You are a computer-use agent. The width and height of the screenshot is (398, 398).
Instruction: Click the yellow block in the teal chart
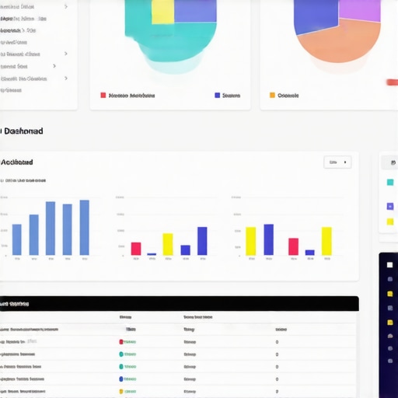click(162, 12)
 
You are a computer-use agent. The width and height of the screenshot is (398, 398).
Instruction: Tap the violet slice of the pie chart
click(359, 10)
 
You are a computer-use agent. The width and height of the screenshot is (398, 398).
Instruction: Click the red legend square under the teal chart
click(103, 95)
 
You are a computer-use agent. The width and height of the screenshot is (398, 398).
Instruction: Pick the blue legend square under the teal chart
click(217, 95)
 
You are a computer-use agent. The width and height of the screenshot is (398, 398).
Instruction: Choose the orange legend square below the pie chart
click(272, 95)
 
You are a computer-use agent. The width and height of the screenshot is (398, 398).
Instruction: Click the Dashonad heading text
click(23, 131)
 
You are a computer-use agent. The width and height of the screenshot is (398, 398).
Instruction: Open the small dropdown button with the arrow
click(337, 162)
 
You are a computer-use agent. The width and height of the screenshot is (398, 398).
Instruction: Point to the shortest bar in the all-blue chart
click(16, 239)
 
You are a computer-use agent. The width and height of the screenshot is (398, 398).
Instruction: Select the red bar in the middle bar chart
click(136, 249)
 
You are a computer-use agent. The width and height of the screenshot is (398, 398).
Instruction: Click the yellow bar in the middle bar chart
click(167, 244)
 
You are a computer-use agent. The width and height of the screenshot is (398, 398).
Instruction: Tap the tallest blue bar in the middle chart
click(202, 241)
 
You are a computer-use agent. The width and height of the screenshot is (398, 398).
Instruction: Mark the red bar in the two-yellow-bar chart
click(293, 246)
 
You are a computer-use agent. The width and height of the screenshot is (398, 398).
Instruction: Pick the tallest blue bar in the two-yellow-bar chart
click(268, 239)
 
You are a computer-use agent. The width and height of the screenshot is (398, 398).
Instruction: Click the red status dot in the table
click(121, 341)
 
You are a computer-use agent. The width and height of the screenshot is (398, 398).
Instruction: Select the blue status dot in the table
click(121, 379)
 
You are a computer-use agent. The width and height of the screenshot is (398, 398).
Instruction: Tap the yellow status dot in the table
click(121, 391)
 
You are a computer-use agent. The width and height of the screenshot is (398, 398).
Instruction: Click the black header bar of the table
click(179, 303)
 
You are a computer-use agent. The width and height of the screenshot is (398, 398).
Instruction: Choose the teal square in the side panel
click(389, 182)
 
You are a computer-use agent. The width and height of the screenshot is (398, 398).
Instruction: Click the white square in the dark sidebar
click(389, 264)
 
